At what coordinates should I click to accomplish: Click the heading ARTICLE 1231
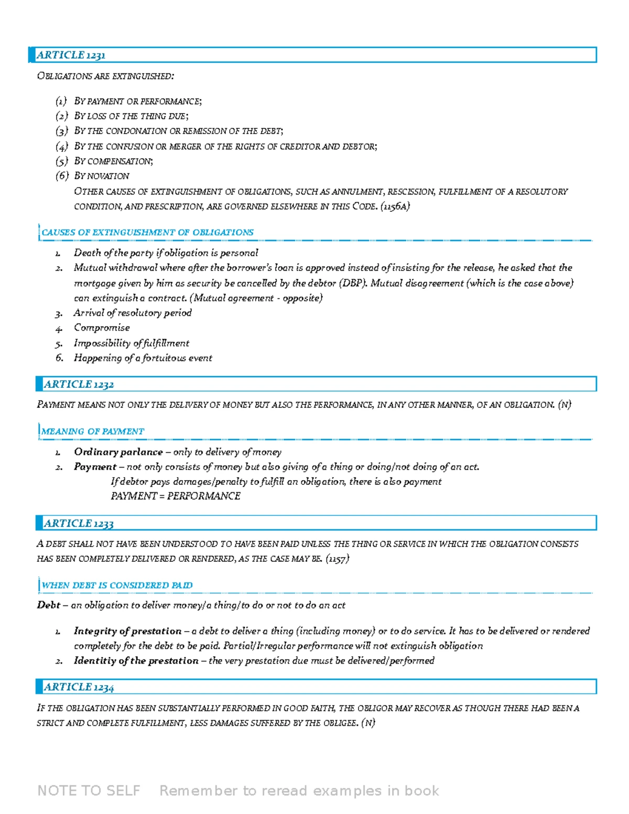71,55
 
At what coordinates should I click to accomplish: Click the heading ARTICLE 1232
79,384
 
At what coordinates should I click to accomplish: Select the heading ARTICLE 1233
79,523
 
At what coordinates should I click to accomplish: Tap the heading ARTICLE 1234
79,687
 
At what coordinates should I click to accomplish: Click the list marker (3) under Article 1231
62,131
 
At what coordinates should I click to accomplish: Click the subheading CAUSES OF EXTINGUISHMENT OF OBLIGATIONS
147,232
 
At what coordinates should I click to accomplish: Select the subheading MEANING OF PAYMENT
93,431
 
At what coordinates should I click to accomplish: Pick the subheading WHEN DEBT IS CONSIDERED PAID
117,585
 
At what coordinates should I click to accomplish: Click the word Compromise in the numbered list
102,328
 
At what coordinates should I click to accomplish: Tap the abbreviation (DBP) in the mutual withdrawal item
353,283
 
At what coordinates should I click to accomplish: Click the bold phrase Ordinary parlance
118,452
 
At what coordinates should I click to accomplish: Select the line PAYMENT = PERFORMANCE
176,496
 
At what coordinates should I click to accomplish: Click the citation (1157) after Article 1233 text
337,559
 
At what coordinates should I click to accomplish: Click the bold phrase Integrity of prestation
127,631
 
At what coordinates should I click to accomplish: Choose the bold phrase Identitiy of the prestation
136,660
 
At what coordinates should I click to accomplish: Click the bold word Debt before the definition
48,605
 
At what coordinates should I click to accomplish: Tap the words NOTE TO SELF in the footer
89,790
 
